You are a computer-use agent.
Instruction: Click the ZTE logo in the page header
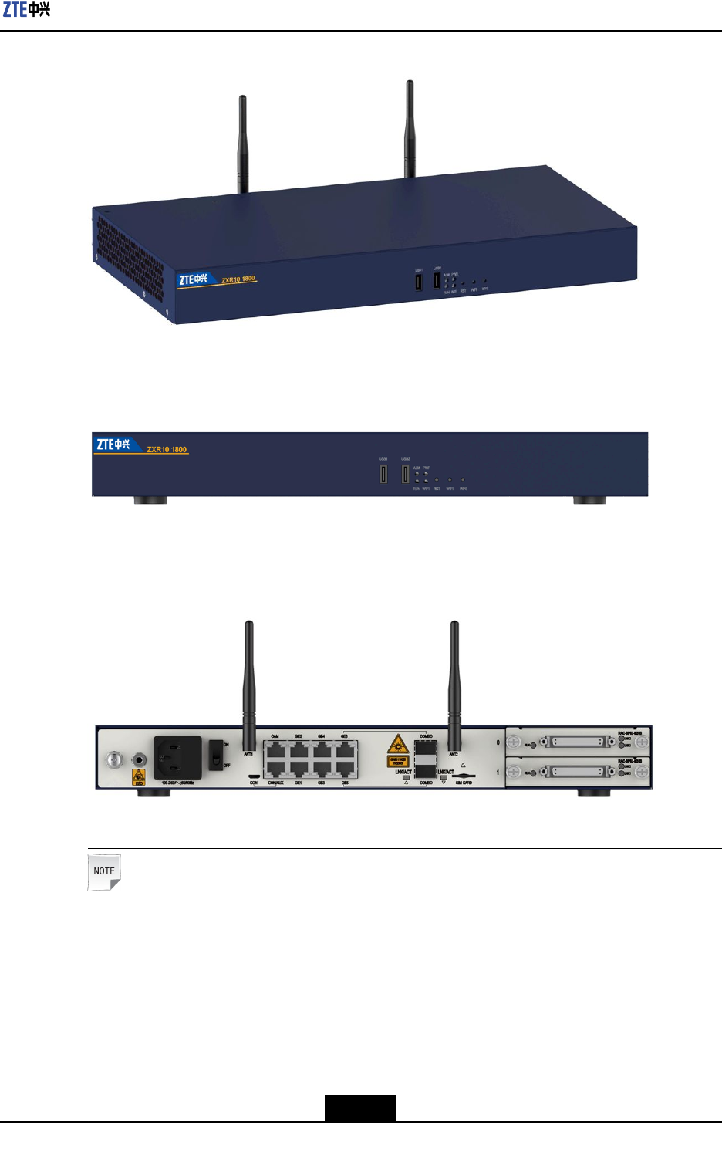(26, 10)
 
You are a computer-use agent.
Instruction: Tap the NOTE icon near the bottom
(104, 872)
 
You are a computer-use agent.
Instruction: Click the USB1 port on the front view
(383, 474)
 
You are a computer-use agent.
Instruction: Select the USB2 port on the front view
(405, 473)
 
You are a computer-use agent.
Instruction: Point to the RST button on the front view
(437, 480)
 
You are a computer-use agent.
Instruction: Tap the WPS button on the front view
(463, 480)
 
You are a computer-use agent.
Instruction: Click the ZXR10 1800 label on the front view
(167, 449)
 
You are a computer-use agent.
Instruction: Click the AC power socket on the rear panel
(177, 757)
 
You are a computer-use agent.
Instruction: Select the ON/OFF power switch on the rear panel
(217, 755)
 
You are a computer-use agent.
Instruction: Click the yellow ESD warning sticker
(139, 776)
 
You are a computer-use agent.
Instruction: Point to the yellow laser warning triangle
(398, 745)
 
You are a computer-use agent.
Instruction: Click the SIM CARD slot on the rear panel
(463, 776)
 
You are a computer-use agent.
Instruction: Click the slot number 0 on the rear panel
(498, 742)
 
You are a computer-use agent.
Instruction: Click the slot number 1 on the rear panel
(498, 772)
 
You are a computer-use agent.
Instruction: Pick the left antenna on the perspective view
(243, 143)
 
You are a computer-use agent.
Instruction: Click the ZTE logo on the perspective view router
(193, 279)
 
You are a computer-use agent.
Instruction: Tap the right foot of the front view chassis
(589, 500)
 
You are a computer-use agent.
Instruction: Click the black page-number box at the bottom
(360, 1108)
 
